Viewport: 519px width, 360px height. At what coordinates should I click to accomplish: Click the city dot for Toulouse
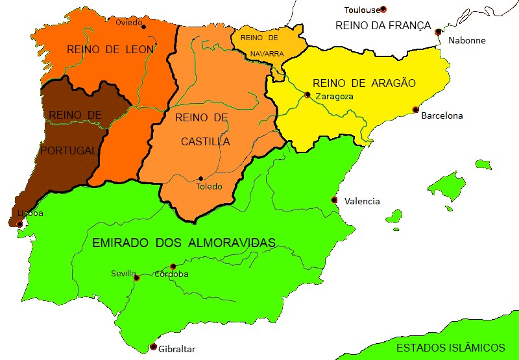click(383, 9)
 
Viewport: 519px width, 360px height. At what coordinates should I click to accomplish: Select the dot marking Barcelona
click(416, 110)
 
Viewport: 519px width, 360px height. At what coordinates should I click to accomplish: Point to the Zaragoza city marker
click(308, 95)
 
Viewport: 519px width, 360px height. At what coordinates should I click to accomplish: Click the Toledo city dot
click(201, 178)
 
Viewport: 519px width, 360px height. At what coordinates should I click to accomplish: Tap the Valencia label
click(362, 201)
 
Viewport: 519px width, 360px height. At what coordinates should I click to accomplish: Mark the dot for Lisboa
click(19, 224)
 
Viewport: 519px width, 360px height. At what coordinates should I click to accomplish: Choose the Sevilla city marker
click(136, 278)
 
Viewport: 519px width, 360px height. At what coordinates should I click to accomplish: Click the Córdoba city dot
click(173, 267)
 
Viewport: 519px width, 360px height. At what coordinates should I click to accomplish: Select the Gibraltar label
click(176, 349)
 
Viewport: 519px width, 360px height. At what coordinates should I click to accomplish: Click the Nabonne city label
click(466, 40)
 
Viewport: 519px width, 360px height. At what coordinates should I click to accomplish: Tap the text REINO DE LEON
click(110, 49)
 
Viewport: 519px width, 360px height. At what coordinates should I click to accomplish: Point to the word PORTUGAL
click(68, 150)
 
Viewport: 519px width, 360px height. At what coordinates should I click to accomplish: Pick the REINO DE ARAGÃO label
click(363, 83)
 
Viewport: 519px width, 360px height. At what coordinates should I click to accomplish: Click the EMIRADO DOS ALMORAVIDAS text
click(184, 243)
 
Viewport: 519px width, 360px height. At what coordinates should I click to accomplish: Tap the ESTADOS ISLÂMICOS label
click(450, 347)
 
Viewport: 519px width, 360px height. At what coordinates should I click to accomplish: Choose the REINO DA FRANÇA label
click(383, 25)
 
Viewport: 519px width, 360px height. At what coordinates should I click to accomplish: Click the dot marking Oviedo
click(143, 27)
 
